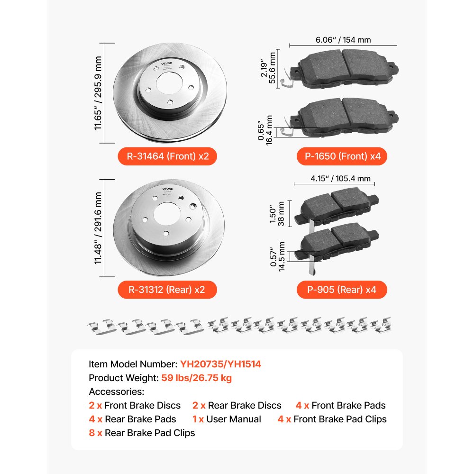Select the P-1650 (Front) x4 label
click(x=342, y=156)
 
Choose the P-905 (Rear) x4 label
click(x=342, y=289)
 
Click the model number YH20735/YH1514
click(x=220, y=364)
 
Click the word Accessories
click(x=116, y=392)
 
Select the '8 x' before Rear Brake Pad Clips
click(x=95, y=432)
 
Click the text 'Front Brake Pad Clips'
click(x=340, y=419)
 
